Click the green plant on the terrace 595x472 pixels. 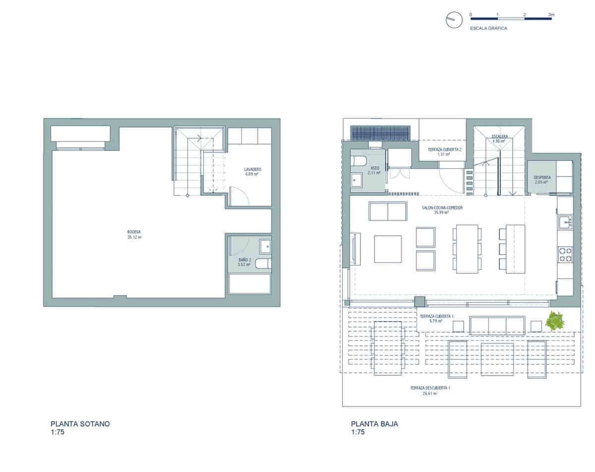point(554,321)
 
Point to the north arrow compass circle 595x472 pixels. point(451,20)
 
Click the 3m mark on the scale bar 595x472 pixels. point(551,15)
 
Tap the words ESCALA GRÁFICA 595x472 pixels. point(488,28)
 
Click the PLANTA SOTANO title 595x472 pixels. point(80,424)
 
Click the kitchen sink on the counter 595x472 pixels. point(565,222)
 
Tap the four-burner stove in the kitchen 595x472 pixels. point(565,254)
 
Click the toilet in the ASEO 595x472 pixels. point(358,161)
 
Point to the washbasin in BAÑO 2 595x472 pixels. point(266,245)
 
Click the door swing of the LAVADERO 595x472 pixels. point(240,197)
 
